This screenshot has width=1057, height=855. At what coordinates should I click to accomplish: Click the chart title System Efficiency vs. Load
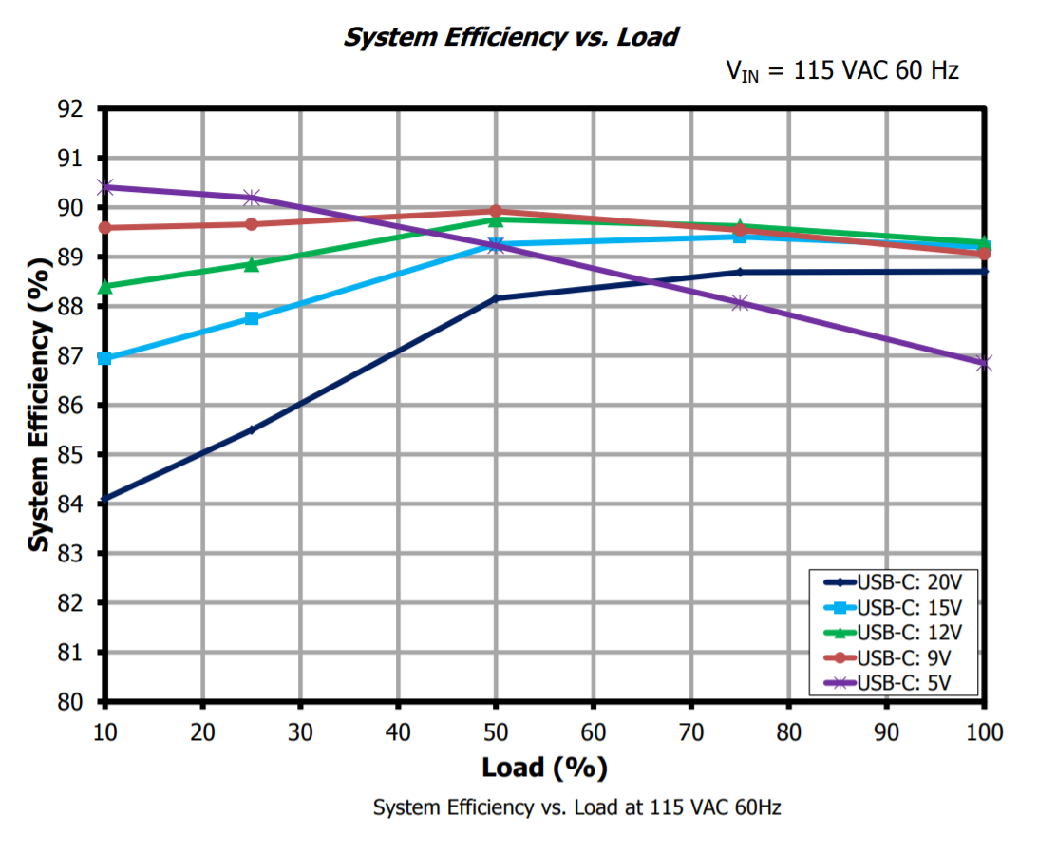coord(511,37)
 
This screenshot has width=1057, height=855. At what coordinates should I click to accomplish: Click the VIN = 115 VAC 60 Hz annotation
coord(842,71)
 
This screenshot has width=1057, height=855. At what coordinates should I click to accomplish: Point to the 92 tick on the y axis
coord(70,108)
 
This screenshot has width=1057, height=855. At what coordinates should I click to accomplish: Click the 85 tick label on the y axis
coord(70,455)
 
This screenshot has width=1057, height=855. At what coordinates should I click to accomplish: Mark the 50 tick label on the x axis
coord(495,731)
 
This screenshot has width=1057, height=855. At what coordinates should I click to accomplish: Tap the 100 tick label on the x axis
coord(983,731)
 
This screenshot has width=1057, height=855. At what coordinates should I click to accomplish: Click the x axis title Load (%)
coord(544,767)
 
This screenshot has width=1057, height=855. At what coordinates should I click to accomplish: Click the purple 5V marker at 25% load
coord(252,198)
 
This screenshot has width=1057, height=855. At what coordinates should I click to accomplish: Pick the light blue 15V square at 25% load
coord(252,318)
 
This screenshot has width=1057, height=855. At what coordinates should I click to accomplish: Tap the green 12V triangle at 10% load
coord(105,286)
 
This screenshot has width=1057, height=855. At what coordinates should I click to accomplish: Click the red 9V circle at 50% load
coord(496,211)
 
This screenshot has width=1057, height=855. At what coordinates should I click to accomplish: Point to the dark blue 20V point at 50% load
coord(495,298)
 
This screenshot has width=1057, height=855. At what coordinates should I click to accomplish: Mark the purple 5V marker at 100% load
coord(984,363)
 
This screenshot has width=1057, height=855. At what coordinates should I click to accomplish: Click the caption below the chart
coord(576,807)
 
